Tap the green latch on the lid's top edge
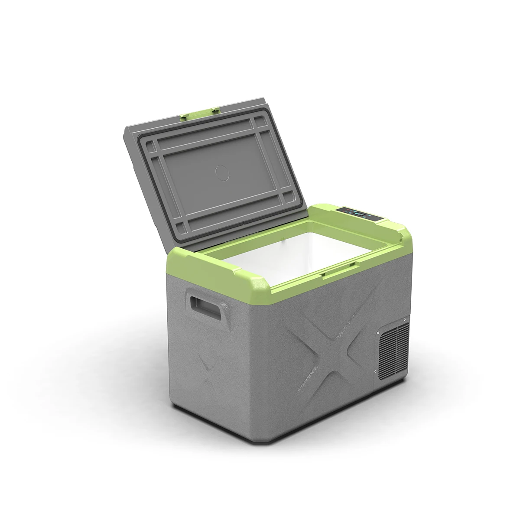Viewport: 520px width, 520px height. pyautogui.click(x=198, y=113)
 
